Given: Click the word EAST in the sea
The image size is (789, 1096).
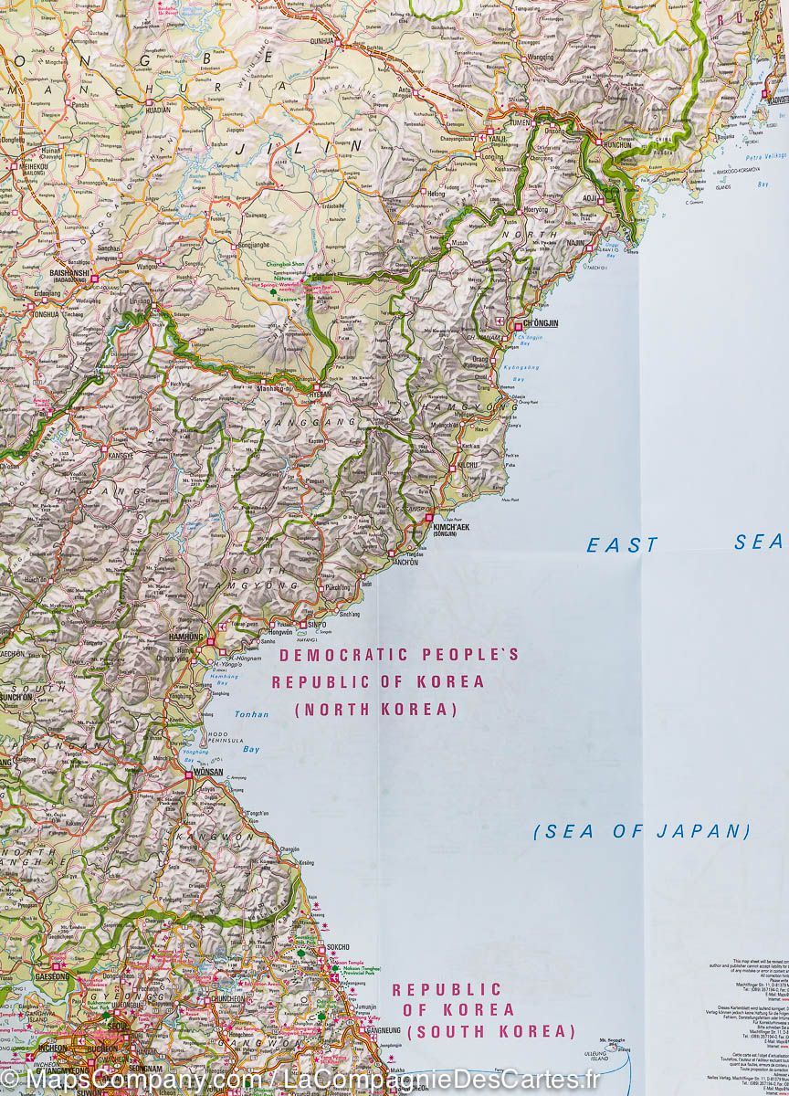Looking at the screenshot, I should pos(621,545).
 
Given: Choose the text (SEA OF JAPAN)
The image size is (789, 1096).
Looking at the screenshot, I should pos(641,831).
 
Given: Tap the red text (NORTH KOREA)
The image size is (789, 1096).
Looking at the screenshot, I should pos(375,709).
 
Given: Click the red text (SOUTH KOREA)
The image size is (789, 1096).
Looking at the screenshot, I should pos(491,1032).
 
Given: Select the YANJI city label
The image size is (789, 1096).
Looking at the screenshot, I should pos(498,139).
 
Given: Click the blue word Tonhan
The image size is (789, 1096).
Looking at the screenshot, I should pos(251,714).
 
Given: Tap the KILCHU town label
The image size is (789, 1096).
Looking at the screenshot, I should pos(467,465).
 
